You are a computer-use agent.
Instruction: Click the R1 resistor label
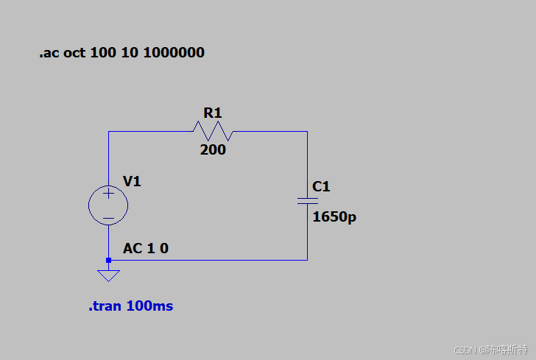point(213,113)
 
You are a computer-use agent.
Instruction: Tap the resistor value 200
point(213,149)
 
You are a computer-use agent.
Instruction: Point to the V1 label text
point(132,181)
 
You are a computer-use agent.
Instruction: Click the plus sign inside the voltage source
point(108,194)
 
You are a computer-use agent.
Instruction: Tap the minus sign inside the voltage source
point(108,218)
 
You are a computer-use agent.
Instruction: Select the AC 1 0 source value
point(146,249)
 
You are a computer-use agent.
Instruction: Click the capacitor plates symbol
point(307,201)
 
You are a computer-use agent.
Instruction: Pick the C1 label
point(321,187)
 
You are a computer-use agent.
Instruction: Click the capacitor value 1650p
point(334,216)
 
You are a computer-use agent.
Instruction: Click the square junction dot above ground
point(108,260)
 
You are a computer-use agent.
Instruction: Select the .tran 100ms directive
point(131,306)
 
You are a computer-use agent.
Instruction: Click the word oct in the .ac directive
point(74,53)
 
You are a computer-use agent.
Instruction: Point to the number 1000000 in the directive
point(174,53)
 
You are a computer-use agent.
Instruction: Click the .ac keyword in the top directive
point(49,53)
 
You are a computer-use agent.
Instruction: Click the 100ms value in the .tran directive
point(149,306)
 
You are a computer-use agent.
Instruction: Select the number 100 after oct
point(103,53)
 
